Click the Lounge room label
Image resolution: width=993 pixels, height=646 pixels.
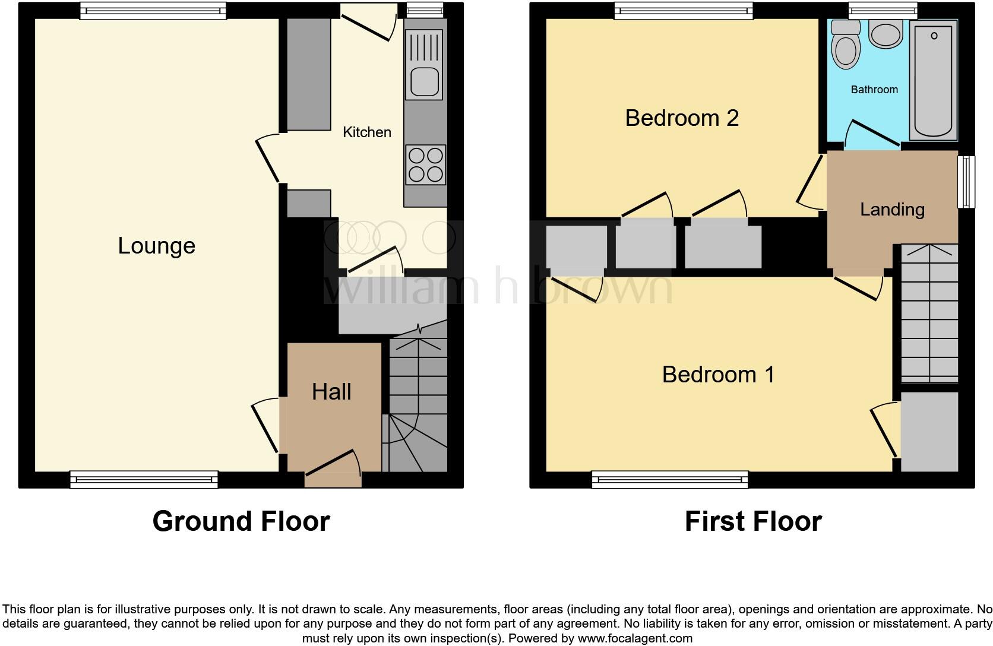156,246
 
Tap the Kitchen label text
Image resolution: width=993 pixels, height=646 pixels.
366,132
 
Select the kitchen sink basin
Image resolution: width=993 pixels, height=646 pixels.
424,81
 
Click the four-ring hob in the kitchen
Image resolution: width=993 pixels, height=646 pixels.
425,164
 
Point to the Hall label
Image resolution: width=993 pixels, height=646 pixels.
331,392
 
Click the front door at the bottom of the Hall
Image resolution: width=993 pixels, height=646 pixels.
333,464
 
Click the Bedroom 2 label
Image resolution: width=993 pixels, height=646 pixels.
681,118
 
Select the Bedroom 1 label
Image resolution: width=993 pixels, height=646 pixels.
718,375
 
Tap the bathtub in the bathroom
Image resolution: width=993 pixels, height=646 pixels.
935,80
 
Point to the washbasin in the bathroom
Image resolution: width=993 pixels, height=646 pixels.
886,34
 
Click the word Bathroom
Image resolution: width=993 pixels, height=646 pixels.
874,90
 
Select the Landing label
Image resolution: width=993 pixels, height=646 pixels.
892,210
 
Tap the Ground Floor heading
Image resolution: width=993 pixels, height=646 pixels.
241,521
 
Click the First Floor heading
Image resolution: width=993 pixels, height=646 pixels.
752,521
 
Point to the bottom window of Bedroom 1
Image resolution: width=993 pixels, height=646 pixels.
669,479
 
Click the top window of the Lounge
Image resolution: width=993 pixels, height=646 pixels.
153,10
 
